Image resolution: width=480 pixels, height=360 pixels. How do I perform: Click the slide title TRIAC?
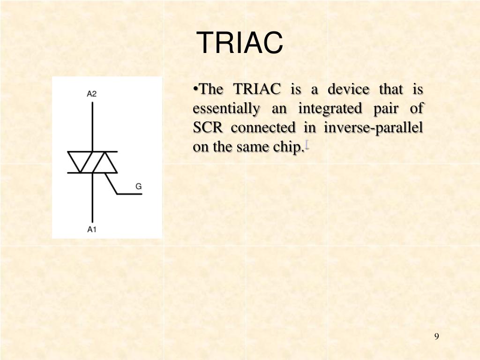tap(240, 43)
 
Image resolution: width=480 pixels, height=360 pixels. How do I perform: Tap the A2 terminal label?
tap(92, 94)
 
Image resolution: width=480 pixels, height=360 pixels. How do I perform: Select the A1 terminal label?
tap(92, 229)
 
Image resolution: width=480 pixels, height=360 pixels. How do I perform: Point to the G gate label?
tap(139, 187)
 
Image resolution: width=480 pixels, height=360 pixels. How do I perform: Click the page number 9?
tap(436, 337)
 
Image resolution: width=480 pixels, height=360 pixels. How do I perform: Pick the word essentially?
tap(226, 109)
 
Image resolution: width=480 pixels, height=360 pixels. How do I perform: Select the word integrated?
tap(330, 109)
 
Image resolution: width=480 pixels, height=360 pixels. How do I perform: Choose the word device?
tap(348, 89)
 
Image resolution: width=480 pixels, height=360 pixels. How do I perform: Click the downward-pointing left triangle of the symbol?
tap(80, 160)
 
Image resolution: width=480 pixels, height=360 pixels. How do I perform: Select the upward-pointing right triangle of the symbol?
tap(104, 164)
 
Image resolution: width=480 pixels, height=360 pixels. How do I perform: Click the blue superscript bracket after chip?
tap(307, 144)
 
